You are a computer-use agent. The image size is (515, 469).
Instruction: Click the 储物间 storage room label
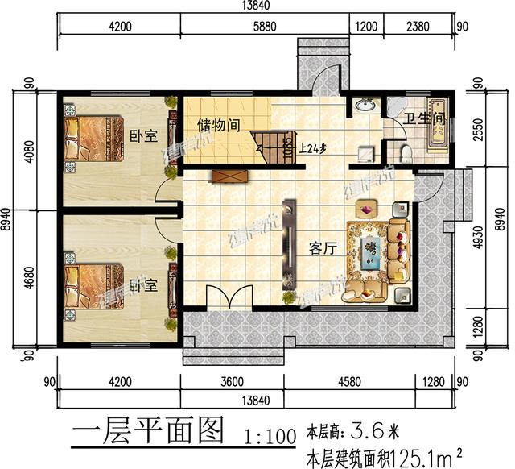(220, 125)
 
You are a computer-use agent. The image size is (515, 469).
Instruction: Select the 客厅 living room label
(322, 249)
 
